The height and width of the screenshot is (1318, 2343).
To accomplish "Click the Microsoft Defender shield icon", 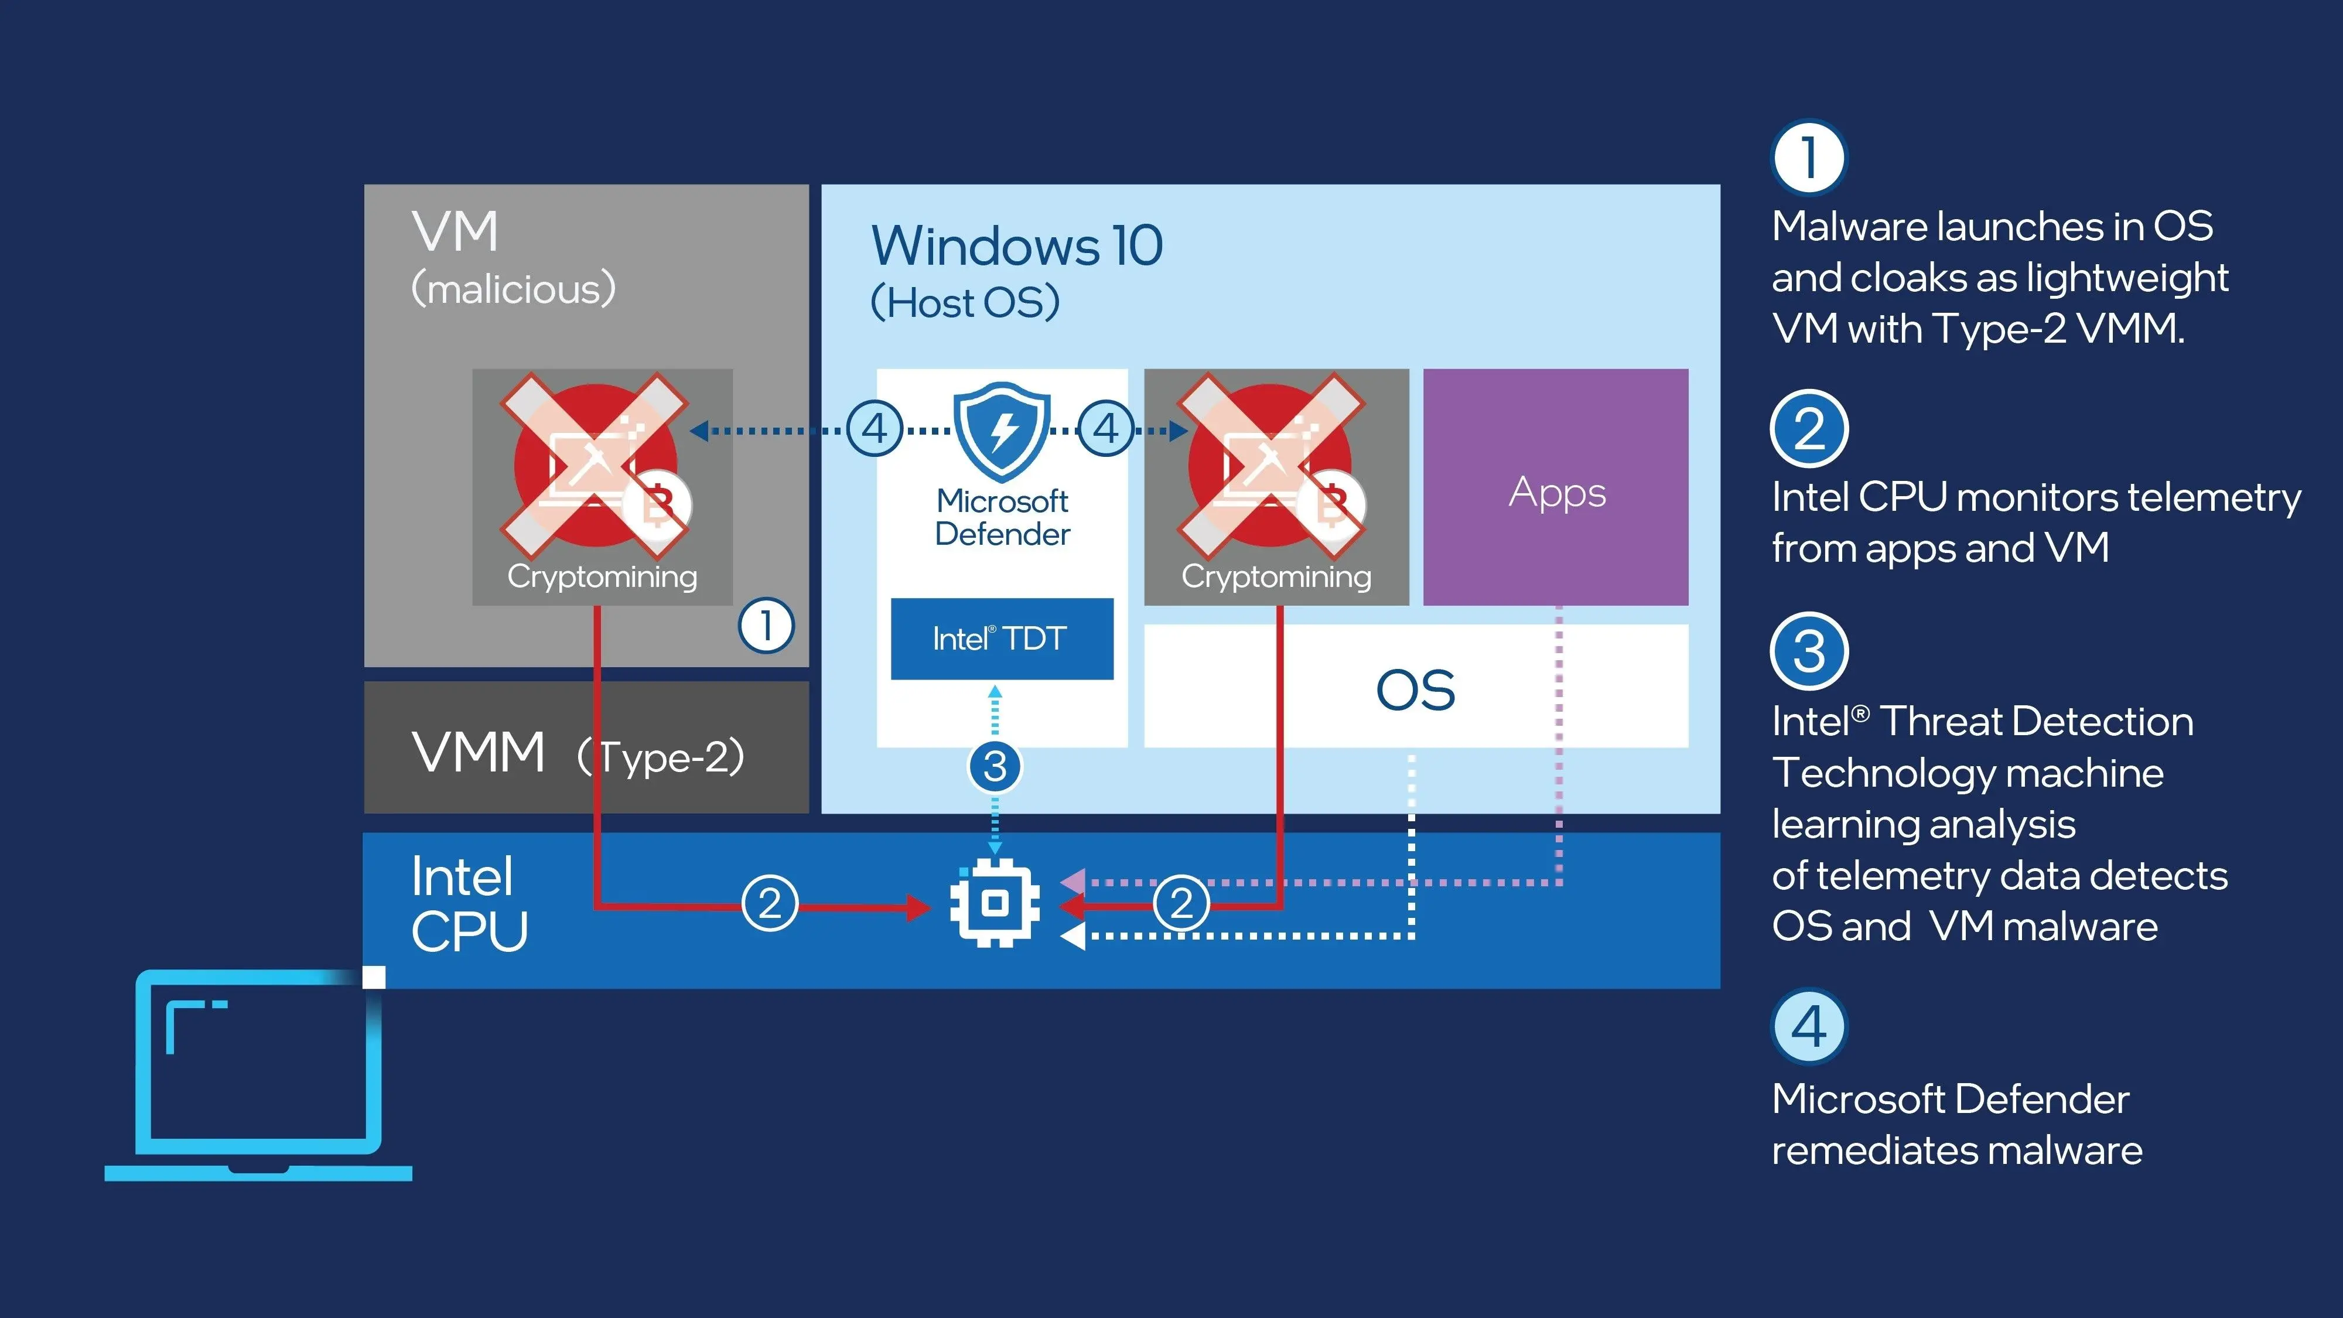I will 1002,431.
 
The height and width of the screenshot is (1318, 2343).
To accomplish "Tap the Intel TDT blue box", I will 1002,638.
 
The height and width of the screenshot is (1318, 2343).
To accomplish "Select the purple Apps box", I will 1555,487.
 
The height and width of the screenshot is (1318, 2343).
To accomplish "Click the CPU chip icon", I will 995,903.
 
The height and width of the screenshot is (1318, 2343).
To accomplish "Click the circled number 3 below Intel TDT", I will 995,766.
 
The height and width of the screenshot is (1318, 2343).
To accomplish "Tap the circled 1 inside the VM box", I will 766,626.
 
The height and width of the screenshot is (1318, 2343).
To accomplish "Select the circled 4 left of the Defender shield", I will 874,428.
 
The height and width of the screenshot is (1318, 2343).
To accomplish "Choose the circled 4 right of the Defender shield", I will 1105,428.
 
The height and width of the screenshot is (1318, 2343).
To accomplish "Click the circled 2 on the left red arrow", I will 770,903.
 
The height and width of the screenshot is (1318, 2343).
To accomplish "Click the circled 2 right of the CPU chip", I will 1181,903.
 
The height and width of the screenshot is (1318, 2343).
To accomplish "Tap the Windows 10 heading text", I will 1017,245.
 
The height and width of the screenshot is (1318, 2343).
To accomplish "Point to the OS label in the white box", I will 1415,691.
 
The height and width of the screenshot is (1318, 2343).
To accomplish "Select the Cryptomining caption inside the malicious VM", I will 602,576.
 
